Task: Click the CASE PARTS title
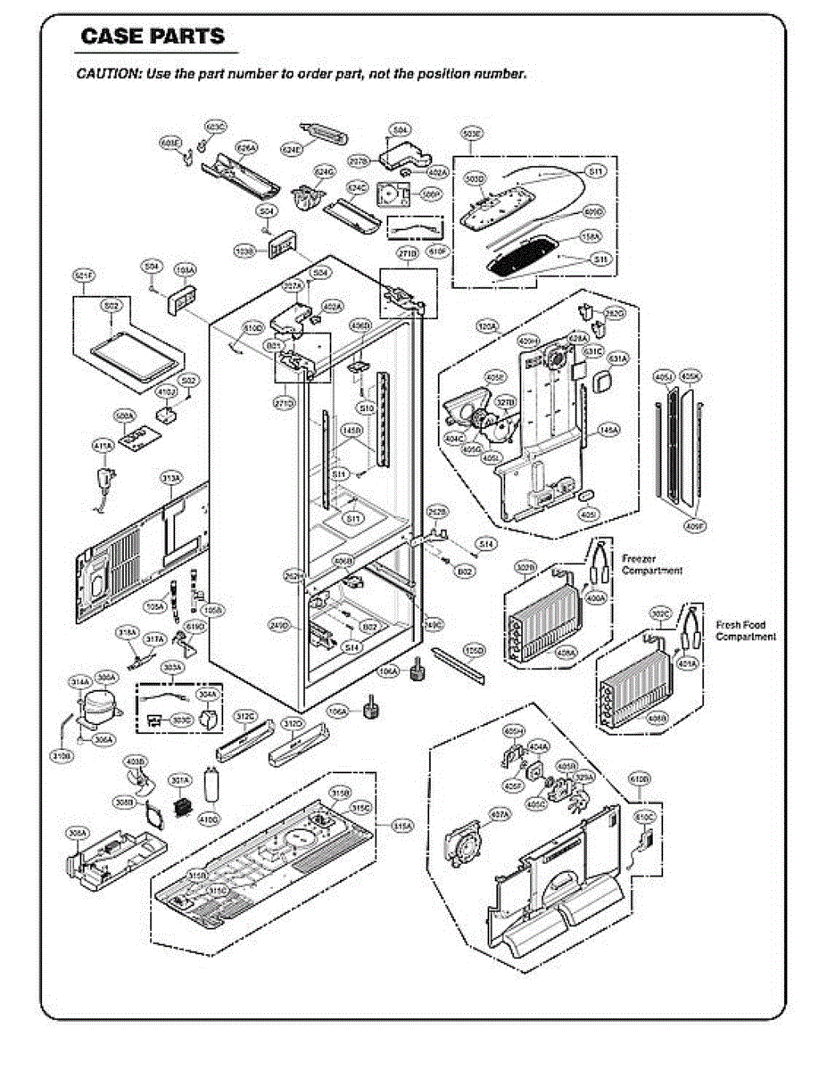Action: click(153, 37)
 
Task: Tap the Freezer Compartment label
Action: click(652, 564)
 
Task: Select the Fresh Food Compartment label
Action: click(746, 630)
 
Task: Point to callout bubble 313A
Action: click(170, 479)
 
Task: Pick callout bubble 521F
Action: click(84, 276)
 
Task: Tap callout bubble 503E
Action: click(473, 134)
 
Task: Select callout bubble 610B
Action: click(640, 778)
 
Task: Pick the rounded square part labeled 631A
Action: click(602, 382)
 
